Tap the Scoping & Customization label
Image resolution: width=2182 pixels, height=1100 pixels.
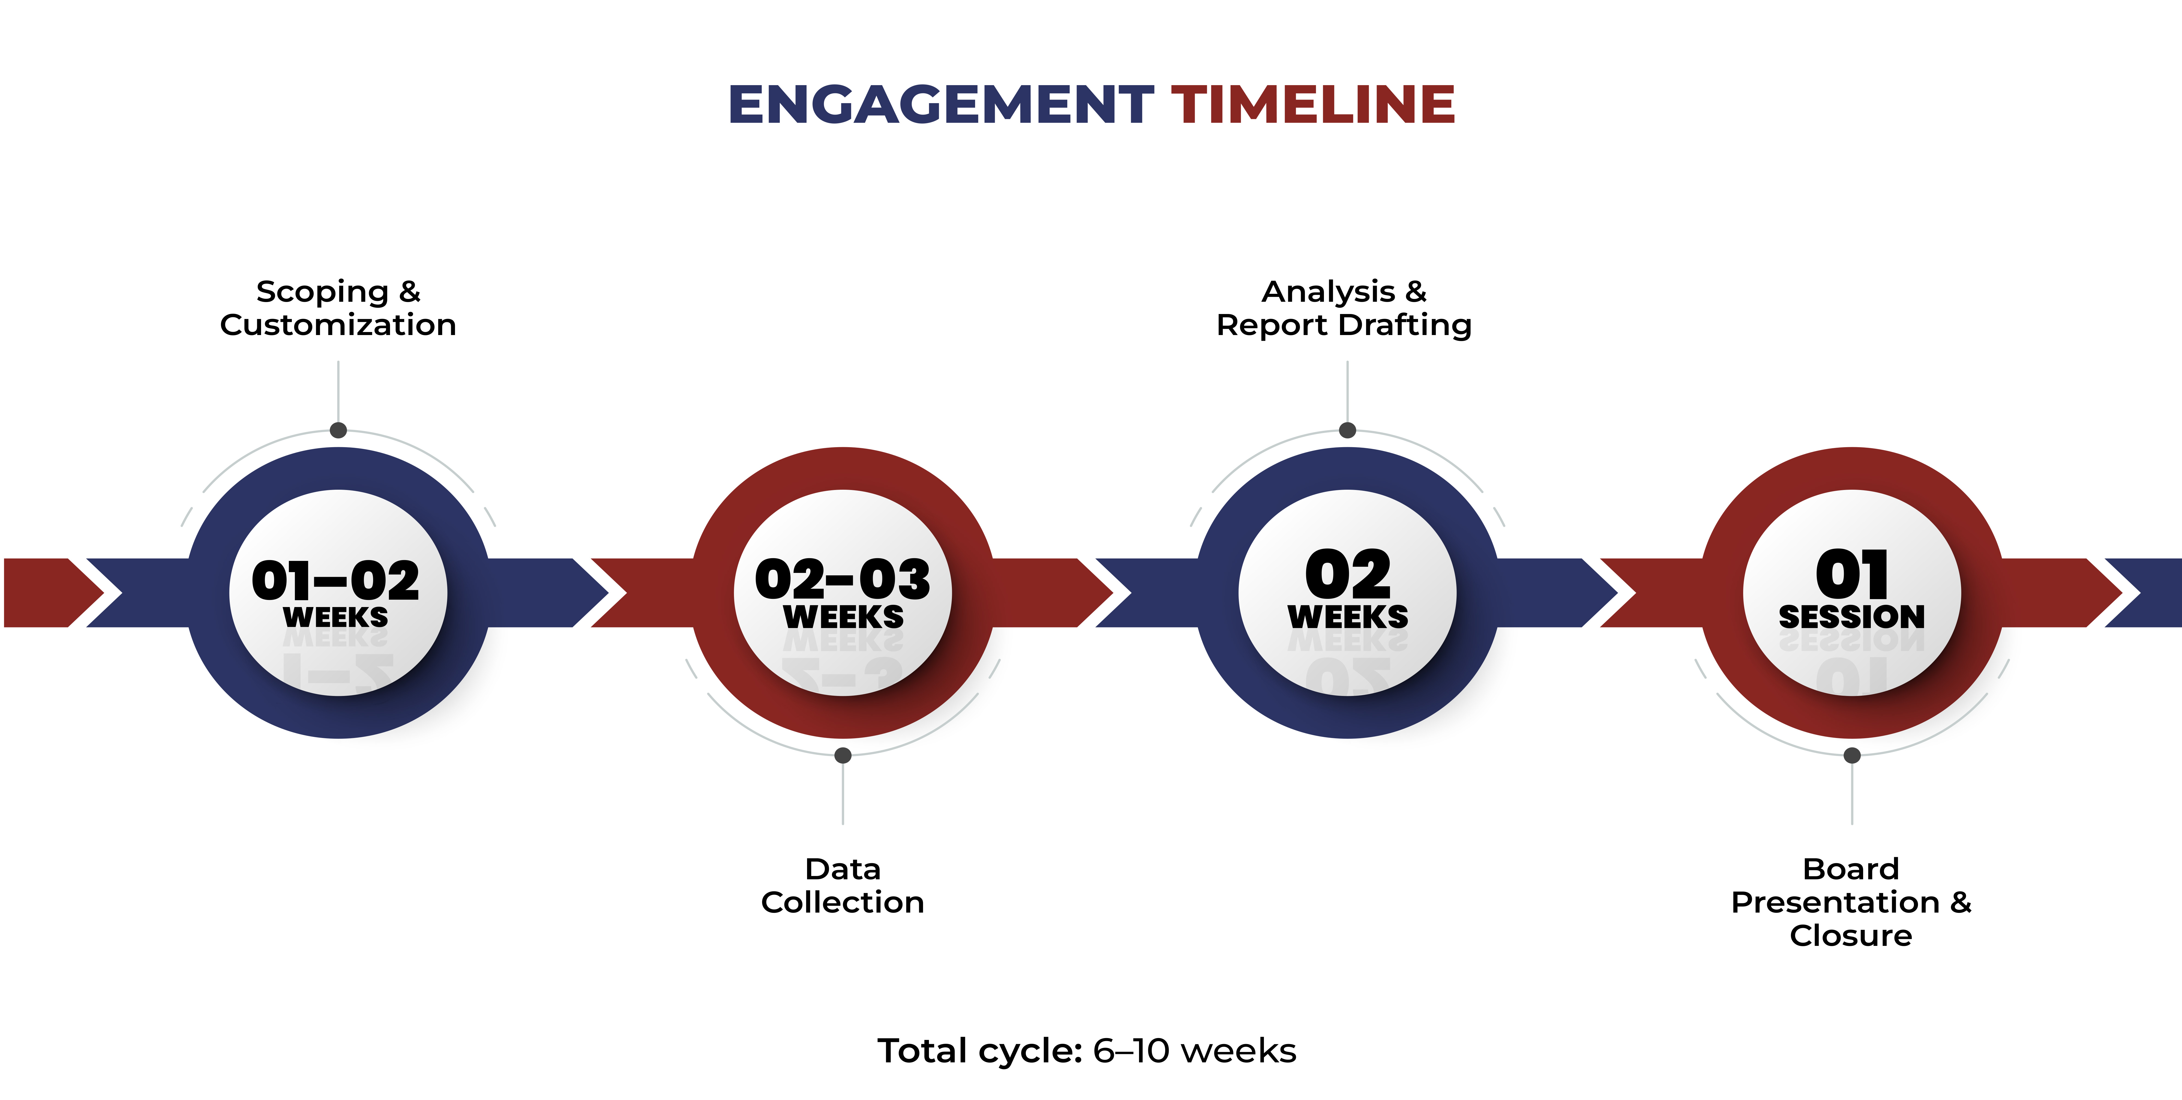coord(338,308)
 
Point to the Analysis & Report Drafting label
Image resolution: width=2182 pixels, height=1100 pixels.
coord(1344,308)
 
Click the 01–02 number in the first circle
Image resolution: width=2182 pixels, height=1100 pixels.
coord(335,581)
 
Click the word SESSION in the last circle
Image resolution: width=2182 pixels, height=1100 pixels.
coord(1852,617)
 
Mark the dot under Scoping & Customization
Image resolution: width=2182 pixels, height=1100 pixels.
coord(338,431)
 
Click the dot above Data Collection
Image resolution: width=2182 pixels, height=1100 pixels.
coord(843,755)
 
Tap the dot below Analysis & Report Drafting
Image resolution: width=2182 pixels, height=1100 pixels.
coord(1348,431)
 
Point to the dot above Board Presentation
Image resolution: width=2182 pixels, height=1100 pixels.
coord(1853,755)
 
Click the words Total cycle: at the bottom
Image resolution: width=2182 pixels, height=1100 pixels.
coord(980,1051)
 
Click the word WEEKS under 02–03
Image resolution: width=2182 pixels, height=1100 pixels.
coord(843,617)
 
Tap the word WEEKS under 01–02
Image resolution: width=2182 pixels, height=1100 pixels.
coord(335,617)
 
